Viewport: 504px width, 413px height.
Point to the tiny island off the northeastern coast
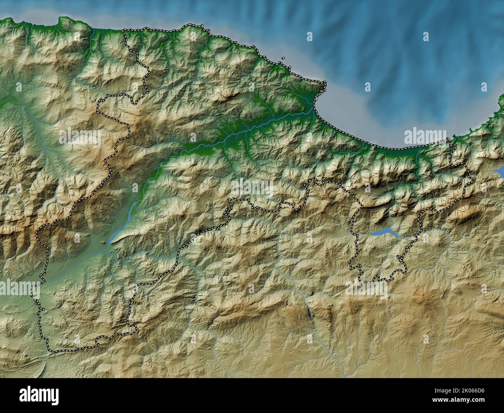click(x=283, y=59)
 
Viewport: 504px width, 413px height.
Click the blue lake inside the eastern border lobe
click(x=383, y=233)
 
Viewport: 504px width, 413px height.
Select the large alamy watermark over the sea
click(x=425, y=137)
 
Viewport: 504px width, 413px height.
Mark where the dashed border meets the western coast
click(x=124, y=31)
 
